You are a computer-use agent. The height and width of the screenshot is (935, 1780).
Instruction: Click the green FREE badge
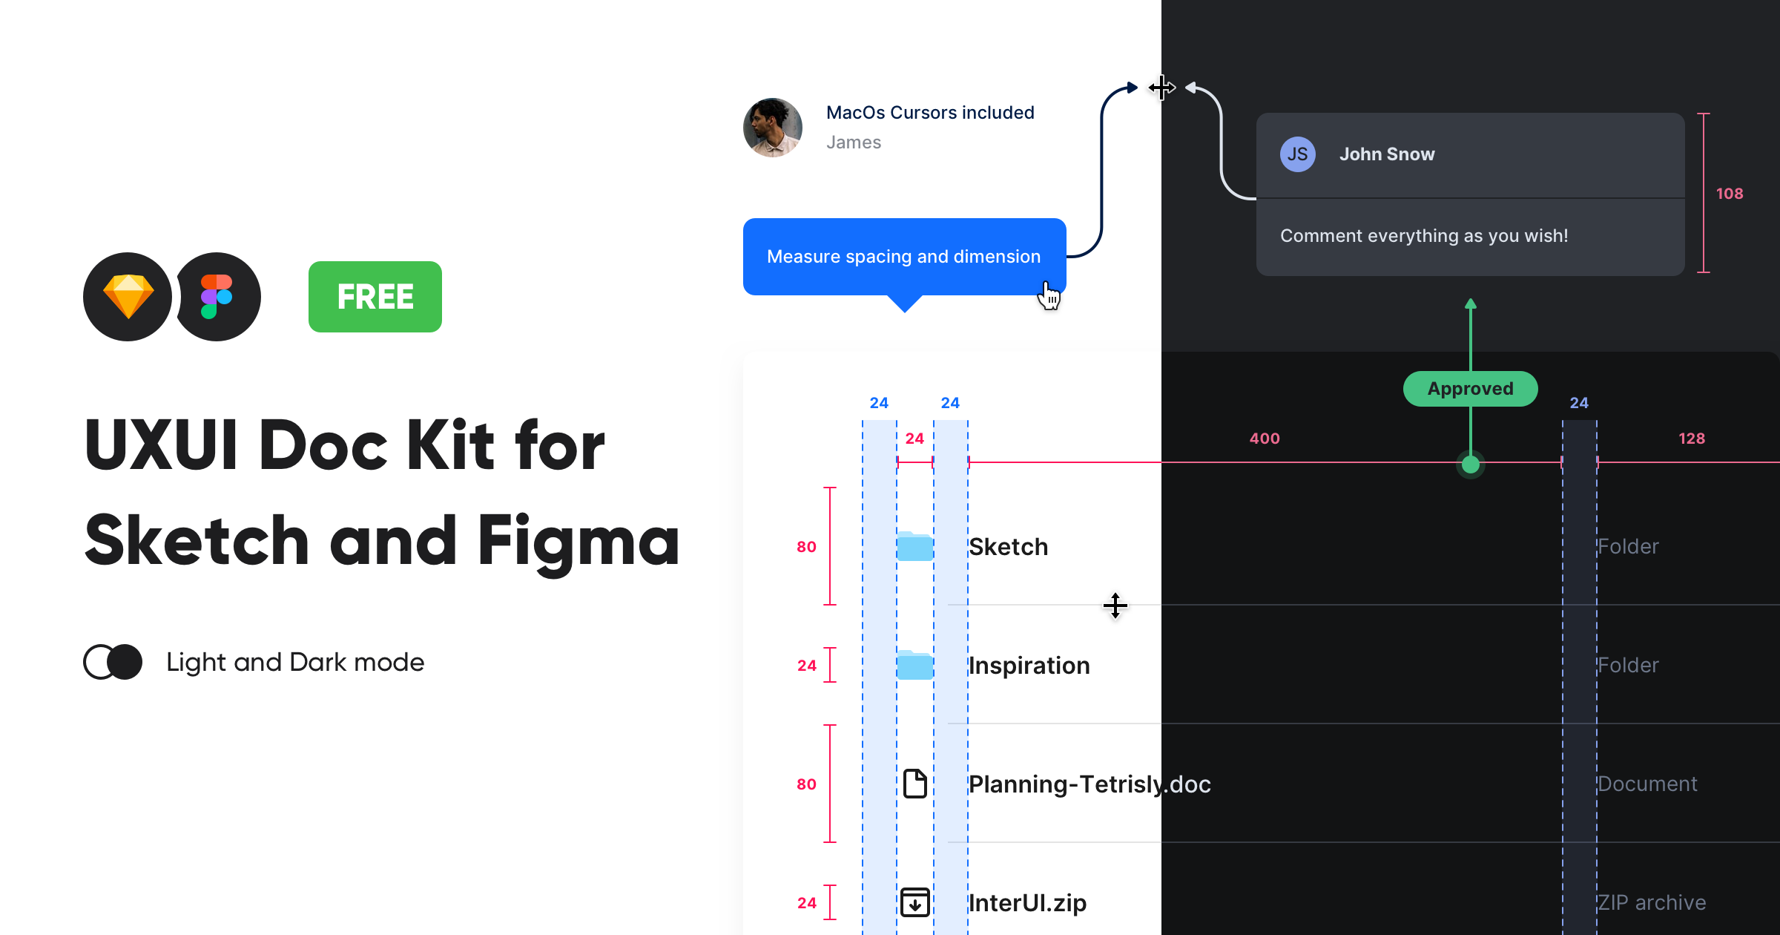375,297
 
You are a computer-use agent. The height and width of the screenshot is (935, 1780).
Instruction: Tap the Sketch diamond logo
128,297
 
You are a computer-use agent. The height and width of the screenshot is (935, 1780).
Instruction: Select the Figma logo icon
217,297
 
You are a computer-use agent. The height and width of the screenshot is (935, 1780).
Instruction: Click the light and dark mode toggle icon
113,662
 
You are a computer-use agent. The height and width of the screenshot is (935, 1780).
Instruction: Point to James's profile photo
772,128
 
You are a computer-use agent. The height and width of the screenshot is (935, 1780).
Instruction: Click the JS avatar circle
1297,154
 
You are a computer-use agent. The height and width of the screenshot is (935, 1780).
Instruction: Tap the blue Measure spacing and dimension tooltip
903,257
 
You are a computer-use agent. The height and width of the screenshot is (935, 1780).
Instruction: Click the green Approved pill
1470,389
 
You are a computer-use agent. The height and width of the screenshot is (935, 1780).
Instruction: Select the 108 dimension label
1729,194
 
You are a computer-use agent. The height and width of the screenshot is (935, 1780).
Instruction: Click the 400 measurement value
1265,439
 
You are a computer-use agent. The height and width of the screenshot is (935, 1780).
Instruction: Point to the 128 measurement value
1691,439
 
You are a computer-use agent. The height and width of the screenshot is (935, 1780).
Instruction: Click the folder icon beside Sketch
914,547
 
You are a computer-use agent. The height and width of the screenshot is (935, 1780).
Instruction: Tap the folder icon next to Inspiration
914,666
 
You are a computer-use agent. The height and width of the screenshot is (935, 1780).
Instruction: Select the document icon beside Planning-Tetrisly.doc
915,784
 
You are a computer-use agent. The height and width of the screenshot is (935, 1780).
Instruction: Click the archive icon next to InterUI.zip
915,902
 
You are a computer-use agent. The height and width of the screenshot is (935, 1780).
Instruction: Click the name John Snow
1386,154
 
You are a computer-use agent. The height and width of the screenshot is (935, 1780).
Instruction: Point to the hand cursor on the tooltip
1049,296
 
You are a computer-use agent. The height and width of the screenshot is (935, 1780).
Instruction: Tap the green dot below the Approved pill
1470,465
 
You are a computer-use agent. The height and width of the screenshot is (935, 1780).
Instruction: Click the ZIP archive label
1651,902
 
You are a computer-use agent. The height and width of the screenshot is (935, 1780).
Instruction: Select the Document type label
1646,784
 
